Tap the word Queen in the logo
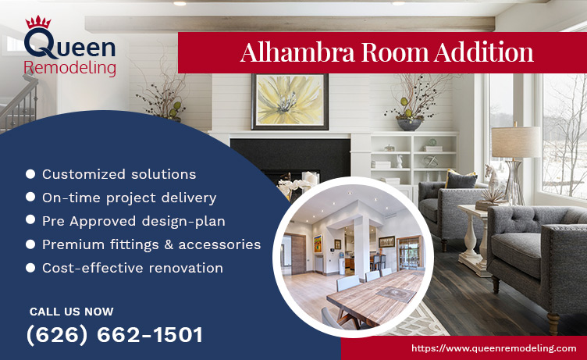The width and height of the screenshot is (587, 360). click(71, 47)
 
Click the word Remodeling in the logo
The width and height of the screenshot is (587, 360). click(70, 68)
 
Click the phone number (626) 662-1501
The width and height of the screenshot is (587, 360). click(115, 335)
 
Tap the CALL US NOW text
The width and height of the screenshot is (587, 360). click(71, 311)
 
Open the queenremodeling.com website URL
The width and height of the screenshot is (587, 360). click(493, 348)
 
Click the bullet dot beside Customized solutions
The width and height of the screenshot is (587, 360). click(30, 174)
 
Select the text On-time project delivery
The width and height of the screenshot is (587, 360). click(129, 198)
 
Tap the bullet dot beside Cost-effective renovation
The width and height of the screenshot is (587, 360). click(30, 268)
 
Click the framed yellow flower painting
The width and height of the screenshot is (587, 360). click(290, 102)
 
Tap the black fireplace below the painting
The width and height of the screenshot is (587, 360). click(289, 160)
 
